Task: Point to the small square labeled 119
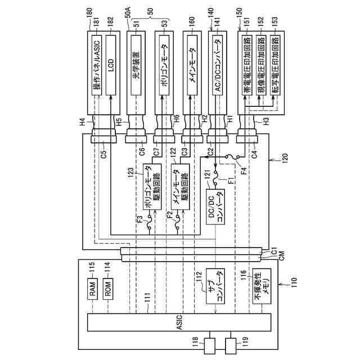(x=231, y=345)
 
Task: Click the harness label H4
(x=83, y=121)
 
